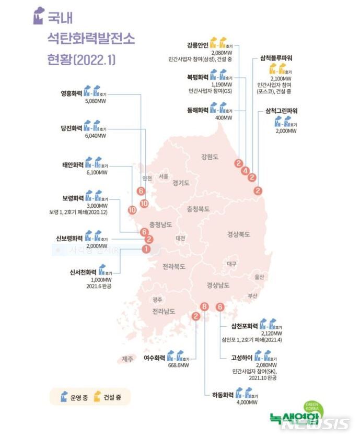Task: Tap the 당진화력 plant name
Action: (x=72, y=128)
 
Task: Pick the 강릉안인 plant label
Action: (x=198, y=45)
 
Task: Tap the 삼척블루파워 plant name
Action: (x=277, y=58)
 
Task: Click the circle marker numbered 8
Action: (x=205, y=306)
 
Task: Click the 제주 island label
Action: (x=127, y=359)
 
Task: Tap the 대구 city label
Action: (x=232, y=264)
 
